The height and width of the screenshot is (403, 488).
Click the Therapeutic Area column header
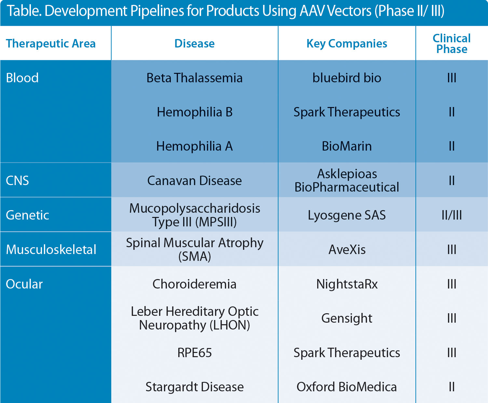point(51,44)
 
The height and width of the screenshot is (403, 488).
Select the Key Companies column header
point(347,44)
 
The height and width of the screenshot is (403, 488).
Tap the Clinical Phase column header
point(452,44)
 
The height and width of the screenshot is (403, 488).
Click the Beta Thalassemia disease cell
point(195,78)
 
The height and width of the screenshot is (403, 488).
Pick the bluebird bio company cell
point(347,78)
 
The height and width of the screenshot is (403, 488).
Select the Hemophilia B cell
point(195,112)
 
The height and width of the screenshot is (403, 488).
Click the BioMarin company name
point(347,146)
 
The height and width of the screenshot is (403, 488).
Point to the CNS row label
point(18,181)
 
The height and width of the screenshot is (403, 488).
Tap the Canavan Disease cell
point(195,181)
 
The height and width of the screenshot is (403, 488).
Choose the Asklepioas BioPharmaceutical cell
point(347,181)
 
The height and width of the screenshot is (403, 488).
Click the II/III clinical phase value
point(452,215)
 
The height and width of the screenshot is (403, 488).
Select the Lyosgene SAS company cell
point(347,215)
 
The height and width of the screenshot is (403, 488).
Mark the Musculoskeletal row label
point(51,250)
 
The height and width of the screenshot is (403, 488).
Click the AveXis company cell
point(347,250)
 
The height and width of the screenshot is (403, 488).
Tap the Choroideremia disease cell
point(195,284)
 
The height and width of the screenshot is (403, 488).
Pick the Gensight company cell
point(347,318)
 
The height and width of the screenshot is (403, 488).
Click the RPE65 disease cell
point(195,353)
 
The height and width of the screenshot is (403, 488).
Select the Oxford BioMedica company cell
point(347,387)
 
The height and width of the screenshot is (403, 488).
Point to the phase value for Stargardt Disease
point(452,387)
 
